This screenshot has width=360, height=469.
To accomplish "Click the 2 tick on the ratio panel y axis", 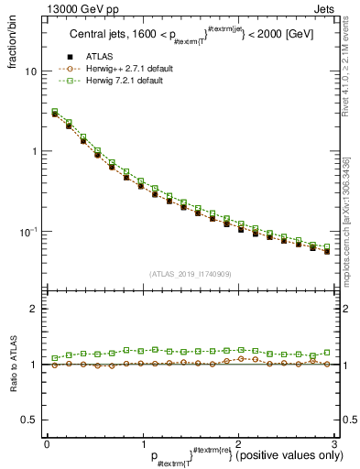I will tap(33, 310).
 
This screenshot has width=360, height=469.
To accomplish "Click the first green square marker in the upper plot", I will tap(55, 113).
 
